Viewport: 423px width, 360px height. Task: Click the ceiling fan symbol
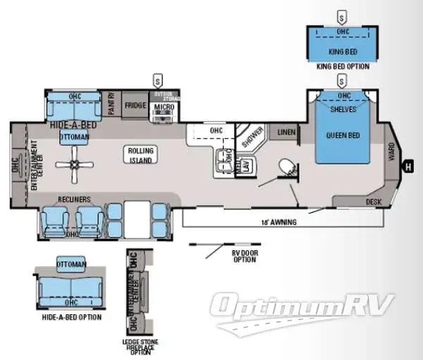(74, 165)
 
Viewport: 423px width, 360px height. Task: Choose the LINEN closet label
(286, 132)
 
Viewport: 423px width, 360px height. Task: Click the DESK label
(374, 201)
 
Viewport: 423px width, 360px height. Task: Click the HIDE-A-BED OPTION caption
(70, 317)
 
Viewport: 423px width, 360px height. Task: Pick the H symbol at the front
(407, 166)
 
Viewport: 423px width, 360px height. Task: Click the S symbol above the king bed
(342, 15)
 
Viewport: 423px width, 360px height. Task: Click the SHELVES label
(343, 109)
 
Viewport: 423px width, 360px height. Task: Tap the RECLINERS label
(73, 199)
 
